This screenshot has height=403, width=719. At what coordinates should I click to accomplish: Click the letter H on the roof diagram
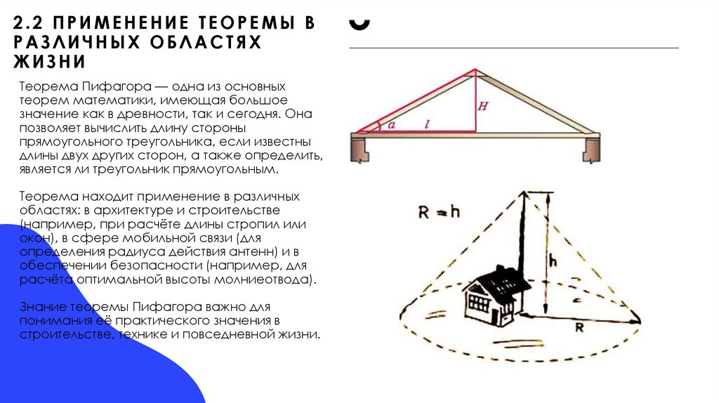click(x=483, y=107)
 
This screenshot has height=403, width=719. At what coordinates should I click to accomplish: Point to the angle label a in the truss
click(x=392, y=124)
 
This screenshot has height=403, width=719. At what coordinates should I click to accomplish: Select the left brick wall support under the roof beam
click(x=362, y=149)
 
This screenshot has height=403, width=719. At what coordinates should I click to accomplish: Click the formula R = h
click(x=438, y=213)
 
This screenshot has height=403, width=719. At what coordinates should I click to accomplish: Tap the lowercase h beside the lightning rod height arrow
click(x=553, y=260)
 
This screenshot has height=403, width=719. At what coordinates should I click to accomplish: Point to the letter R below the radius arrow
click(x=580, y=327)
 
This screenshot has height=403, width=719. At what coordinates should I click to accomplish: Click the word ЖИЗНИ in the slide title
click(x=48, y=62)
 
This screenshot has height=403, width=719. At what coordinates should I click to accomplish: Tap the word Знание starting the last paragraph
click(x=41, y=308)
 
